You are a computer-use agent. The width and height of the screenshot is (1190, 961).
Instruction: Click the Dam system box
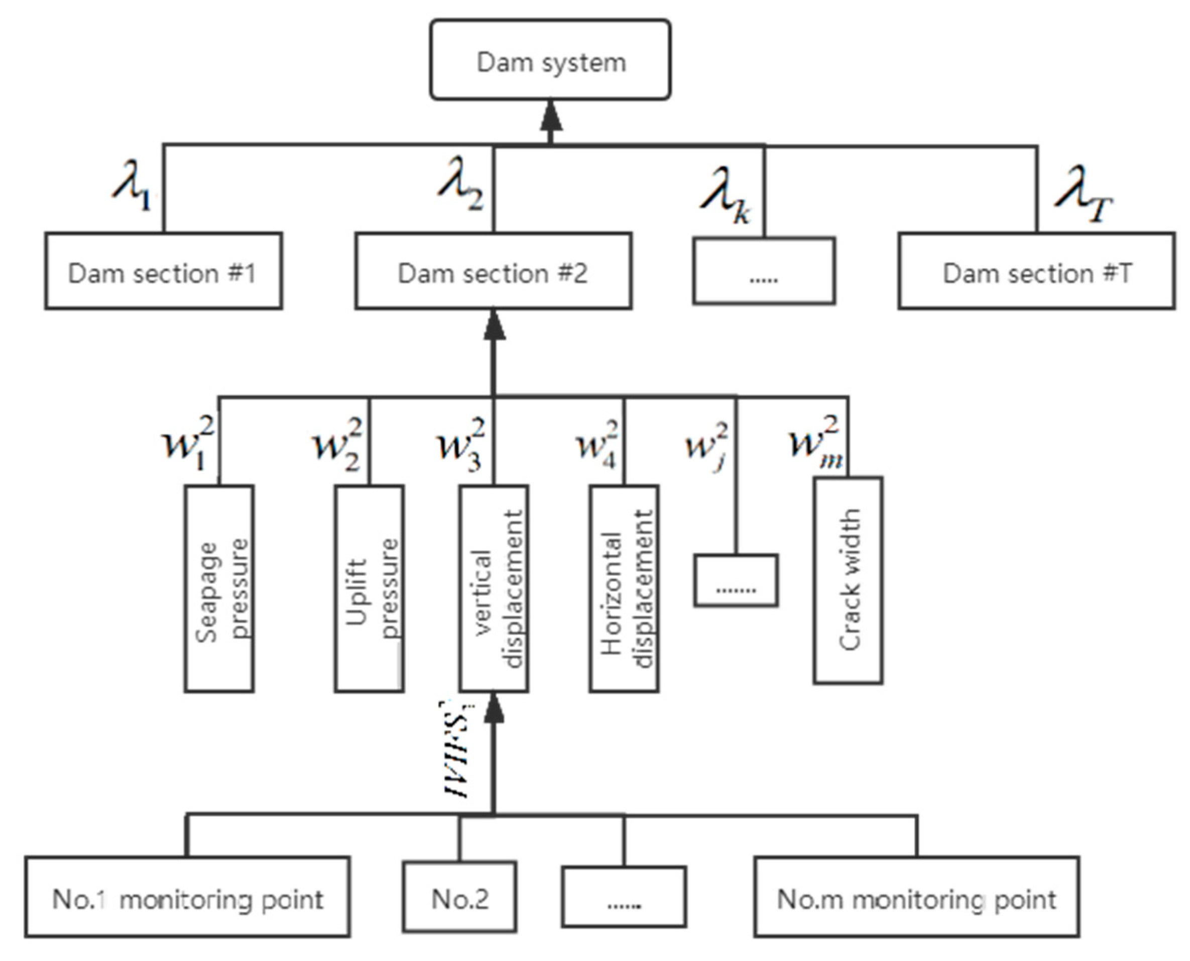(x=550, y=60)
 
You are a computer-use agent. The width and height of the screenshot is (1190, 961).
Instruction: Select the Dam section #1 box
(x=164, y=271)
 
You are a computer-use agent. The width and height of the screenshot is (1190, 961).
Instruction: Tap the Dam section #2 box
(x=493, y=271)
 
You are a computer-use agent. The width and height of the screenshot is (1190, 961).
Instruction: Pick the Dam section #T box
(x=1036, y=271)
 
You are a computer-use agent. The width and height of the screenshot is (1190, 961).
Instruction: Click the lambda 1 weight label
(x=133, y=185)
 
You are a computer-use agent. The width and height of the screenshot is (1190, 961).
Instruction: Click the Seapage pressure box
(x=219, y=588)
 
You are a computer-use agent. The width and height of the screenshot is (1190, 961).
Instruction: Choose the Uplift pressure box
(x=369, y=588)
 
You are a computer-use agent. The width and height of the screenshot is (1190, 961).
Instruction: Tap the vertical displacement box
(x=494, y=588)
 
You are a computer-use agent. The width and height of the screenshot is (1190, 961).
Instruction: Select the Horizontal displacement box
(x=624, y=588)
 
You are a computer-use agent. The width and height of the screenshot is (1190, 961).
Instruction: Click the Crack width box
(x=848, y=580)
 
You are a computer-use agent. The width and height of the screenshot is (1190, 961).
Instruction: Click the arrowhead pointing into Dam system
(x=550, y=116)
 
